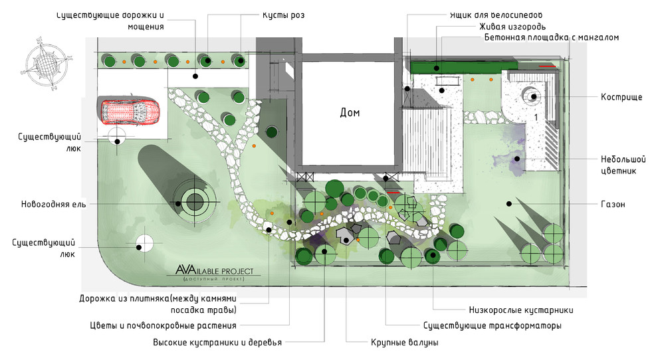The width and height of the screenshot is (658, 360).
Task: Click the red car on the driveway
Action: pyautogui.click(x=130, y=112)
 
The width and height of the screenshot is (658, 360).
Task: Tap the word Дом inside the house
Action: pyautogui.click(x=350, y=113)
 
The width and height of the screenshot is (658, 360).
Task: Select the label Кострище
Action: pyautogui.click(x=621, y=97)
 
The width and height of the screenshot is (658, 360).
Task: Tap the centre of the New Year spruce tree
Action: pyautogui.click(x=195, y=201)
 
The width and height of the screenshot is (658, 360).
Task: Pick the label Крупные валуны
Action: pyautogui.click(x=404, y=343)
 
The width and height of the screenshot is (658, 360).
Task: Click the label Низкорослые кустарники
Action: pyautogui.click(x=520, y=310)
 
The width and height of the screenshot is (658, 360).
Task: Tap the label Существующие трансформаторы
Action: pyautogui.click(x=493, y=326)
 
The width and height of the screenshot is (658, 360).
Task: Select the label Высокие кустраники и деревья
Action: pyautogui.click(x=217, y=343)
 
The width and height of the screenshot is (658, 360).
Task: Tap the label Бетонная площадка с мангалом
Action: pyautogui.click(x=552, y=38)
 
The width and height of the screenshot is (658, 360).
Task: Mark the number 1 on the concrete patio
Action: pyautogui.click(x=534, y=117)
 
